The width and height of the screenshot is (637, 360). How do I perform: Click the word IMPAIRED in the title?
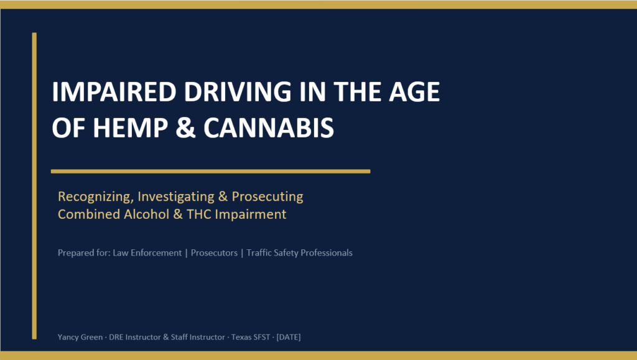click(x=114, y=92)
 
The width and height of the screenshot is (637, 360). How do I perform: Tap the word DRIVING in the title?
click(x=238, y=92)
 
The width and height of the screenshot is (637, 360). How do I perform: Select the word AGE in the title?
click(x=414, y=92)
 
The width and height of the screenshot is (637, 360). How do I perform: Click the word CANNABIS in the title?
click(x=269, y=128)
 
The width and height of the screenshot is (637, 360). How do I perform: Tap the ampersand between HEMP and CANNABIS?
click(x=185, y=128)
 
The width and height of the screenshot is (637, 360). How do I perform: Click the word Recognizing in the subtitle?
click(x=95, y=197)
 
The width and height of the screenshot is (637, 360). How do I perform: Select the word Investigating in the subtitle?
click(x=176, y=197)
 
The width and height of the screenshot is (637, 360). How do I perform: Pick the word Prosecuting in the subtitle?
click(x=267, y=196)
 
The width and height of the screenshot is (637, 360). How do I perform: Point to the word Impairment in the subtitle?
click(x=251, y=215)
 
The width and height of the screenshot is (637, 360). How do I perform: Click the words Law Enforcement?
click(x=147, y=253)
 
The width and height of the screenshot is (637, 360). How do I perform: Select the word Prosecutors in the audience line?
click(x=214, y=253)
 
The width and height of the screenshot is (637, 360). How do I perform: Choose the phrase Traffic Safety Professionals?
click(x=299, y=253)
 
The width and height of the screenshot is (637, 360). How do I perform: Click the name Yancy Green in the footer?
click(x=80, y=337)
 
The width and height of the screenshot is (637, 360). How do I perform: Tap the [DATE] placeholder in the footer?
click(x=289, y=337)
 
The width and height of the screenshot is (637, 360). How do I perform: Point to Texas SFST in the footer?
click(x=251, y=337)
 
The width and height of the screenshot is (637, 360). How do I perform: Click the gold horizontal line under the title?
click(x=210, y=171)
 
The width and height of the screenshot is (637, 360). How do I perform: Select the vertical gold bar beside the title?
click(x=34, y=186)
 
